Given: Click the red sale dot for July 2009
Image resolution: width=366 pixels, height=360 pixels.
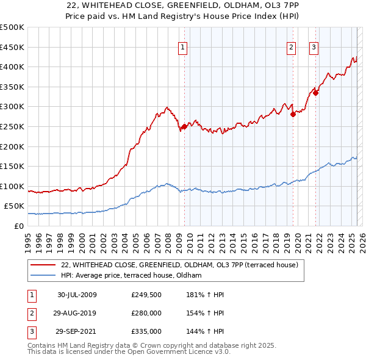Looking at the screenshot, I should [x=184, y=127].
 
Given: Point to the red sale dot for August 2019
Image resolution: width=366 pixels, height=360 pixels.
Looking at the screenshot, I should [x=293, y=114].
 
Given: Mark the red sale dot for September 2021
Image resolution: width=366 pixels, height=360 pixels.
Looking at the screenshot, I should [x=316, y=92].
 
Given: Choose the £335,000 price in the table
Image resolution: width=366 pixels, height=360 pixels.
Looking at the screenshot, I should [x=146, y=331].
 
